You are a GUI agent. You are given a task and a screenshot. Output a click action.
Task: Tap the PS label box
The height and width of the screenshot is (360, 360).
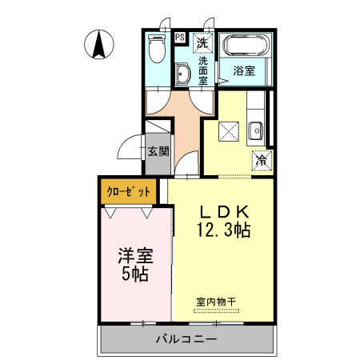[x=179, y=37]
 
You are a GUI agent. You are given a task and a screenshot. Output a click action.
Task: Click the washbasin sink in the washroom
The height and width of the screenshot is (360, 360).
[x=183, y=76]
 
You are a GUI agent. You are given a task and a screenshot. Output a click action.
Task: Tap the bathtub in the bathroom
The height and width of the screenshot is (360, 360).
[x=246, y=46]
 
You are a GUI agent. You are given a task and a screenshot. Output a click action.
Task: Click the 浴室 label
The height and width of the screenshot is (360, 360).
[x=245, y=70]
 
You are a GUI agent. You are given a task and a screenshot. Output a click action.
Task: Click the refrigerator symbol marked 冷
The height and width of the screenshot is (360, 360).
[x=260, y=159]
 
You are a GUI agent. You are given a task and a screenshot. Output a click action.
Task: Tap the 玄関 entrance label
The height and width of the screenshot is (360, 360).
[x=157, y=150]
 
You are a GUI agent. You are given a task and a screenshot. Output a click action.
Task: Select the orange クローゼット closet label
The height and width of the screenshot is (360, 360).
[x=130, y=192]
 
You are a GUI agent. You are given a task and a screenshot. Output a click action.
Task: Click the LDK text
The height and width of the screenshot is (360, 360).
[x=225, y=212]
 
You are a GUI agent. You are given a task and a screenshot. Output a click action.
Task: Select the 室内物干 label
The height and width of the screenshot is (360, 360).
[x=216, y=302]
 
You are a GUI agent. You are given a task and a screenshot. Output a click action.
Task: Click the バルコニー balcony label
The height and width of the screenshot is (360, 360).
[x=186, y=339]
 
